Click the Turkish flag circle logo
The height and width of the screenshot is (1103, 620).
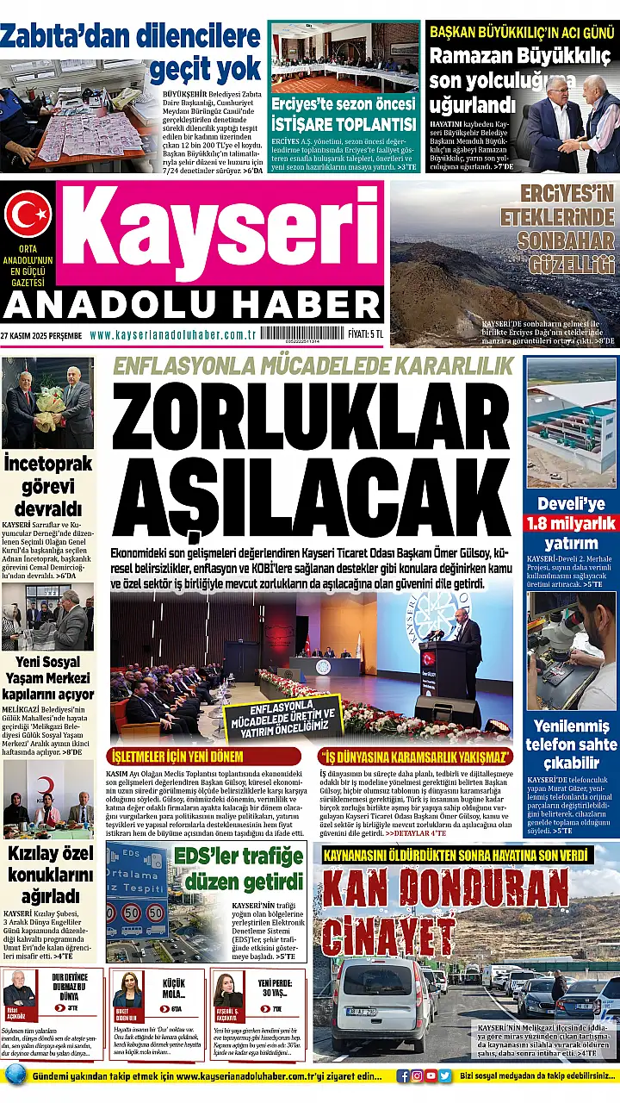coord(28,214)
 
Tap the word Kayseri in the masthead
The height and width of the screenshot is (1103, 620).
coord(220,234)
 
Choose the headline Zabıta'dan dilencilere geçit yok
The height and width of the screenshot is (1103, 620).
coord(131,51)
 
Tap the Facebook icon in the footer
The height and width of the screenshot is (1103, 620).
coord(403,1075)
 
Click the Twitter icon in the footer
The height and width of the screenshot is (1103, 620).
coord(444,1075)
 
